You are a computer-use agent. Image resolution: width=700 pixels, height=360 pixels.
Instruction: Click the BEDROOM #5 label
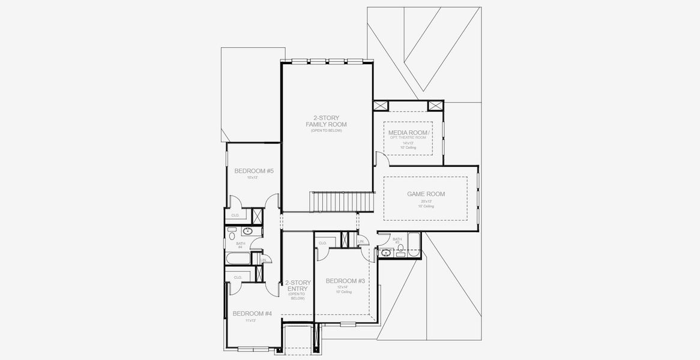click(254, 171)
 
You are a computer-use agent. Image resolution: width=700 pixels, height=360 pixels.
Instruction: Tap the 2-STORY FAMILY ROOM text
click(326, 121)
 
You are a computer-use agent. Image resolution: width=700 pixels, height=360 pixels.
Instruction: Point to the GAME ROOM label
click(426, 194)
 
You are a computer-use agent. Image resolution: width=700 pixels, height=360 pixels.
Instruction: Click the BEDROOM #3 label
click(345, 281)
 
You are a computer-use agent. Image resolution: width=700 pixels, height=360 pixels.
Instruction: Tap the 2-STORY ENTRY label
click(298, 286)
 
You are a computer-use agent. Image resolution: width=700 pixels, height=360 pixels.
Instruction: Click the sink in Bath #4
click(247, 231)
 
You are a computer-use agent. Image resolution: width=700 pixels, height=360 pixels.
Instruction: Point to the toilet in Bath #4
click(232, 236)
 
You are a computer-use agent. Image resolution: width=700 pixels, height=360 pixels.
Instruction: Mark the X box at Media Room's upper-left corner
click(381, 106)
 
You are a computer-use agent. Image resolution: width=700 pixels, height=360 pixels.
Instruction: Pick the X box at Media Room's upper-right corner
click(435, 106)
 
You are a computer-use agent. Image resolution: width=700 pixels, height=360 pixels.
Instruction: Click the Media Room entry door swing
click(378, 158)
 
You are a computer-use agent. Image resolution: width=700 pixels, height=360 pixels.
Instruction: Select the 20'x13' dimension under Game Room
click(426, 202)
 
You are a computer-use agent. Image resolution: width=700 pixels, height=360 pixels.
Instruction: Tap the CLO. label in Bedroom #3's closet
click(322, 243)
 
